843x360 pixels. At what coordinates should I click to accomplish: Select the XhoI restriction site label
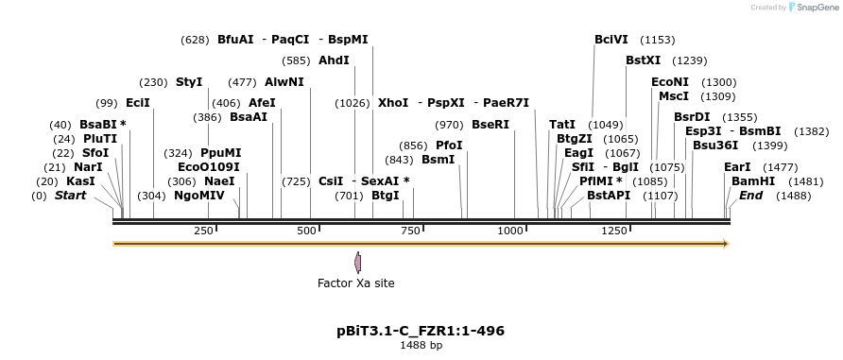(393, 102)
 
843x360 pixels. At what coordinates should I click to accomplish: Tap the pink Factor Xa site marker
(357, 262)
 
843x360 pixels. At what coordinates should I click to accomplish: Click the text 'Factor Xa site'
(355, 283)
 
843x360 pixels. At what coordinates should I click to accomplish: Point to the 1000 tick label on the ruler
(511, 231)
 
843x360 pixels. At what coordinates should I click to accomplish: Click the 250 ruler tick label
(203, 231)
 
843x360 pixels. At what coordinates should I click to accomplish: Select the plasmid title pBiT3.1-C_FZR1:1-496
(421, 331)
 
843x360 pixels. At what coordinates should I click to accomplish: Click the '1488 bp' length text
(421, 345)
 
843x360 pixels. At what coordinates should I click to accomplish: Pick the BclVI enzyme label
(611, 40)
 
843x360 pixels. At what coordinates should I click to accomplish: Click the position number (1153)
(657, 40)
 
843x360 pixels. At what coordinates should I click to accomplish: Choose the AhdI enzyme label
(334, 60)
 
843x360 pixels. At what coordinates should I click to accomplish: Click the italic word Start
(70, 196)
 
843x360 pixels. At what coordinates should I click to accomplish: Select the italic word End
(750, 196)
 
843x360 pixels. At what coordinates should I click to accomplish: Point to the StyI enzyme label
(189, 82)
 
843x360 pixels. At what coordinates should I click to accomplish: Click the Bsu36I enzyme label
(714, 146)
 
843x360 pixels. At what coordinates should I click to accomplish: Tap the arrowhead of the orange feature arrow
(726, 244)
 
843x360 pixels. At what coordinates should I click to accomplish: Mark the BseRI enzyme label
(490, 125)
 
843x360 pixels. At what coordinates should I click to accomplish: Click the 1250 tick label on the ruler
(614, 231)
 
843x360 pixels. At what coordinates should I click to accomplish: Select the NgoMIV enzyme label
(199, 196)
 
